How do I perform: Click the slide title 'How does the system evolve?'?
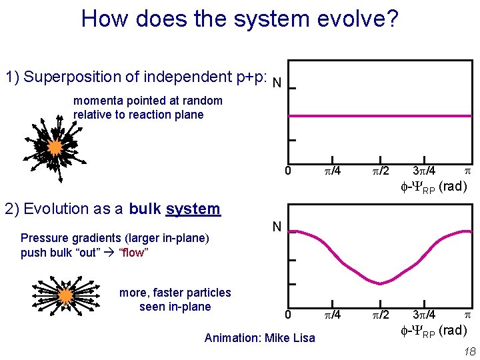point(239,18)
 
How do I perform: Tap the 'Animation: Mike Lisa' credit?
point(259,338)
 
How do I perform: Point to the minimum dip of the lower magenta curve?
point(380,283)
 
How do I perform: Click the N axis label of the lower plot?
point(276,227)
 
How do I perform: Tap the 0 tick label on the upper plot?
point(287,171)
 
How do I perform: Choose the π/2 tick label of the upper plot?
point(380,171)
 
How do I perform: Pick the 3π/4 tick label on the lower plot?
point(424,315)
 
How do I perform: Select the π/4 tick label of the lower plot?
point(332,315)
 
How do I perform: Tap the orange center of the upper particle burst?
point(55,147)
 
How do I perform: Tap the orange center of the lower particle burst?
point(65,295)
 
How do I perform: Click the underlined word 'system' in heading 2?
point(193,209)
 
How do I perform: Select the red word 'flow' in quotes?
point(133,253)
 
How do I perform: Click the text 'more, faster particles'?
point(175,293)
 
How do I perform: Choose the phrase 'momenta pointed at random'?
point(147,101)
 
